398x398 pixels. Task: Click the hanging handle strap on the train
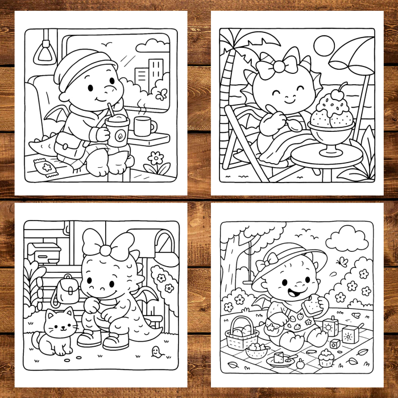coord(44,52)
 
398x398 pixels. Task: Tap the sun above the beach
coord(324,45)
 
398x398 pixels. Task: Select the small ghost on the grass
coord(154,353)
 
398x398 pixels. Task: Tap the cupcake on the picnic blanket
coord(326,358)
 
